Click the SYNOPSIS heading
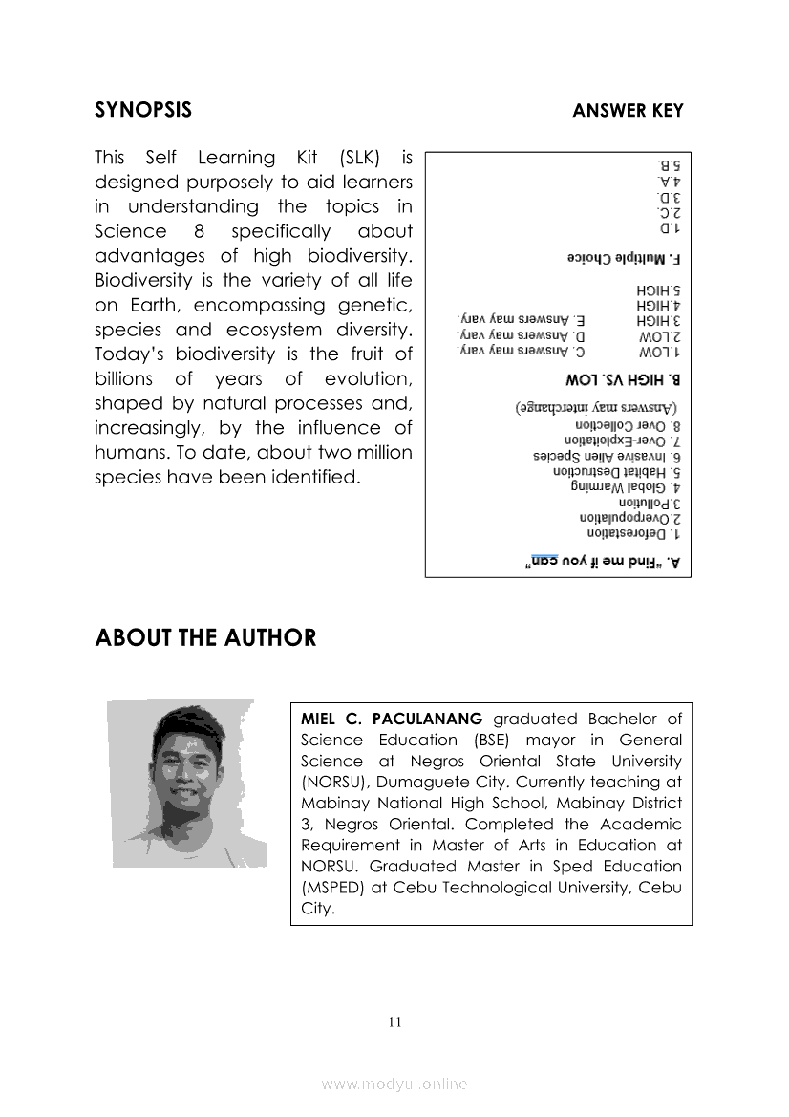[143, 110]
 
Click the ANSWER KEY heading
[628, 111]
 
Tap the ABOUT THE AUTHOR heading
[205, 637]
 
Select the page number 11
[395, 1021]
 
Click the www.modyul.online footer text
[394, 1084]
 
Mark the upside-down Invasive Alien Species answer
[599, 457]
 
